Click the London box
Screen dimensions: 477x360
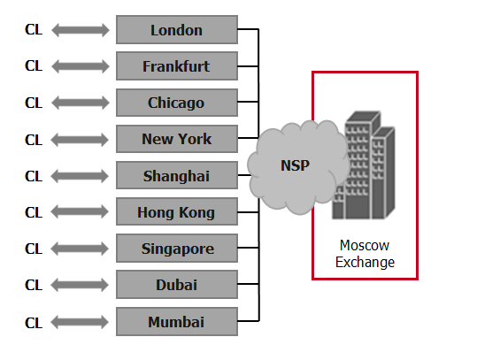pos(177,30)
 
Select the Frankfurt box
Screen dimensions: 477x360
pos(177,66)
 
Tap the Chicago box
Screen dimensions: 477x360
pos(177,103)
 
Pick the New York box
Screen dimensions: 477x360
pos(177,139)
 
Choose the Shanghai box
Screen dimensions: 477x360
pos(177,175)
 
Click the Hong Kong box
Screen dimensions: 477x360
pos(177,211)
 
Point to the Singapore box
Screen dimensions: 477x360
pos(177,248)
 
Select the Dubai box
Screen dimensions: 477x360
pos(177,285)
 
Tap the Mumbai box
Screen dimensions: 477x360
pos(177,321)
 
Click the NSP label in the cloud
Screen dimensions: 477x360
pos(295,165)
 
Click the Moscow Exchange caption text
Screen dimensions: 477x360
pos(365,254)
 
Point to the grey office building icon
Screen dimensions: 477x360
pos(364,165)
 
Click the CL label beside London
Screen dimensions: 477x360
pos(34,30)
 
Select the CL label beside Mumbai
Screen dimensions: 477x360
pos(34,323)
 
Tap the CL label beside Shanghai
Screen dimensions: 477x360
pos(34,176)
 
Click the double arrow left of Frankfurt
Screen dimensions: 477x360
pos(81,66)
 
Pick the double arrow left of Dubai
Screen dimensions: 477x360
pos(80,285)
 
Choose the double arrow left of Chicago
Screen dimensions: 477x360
pos(81,103)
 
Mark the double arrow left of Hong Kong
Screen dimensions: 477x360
pos(80,211)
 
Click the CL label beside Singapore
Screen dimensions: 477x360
pos(34,249)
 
